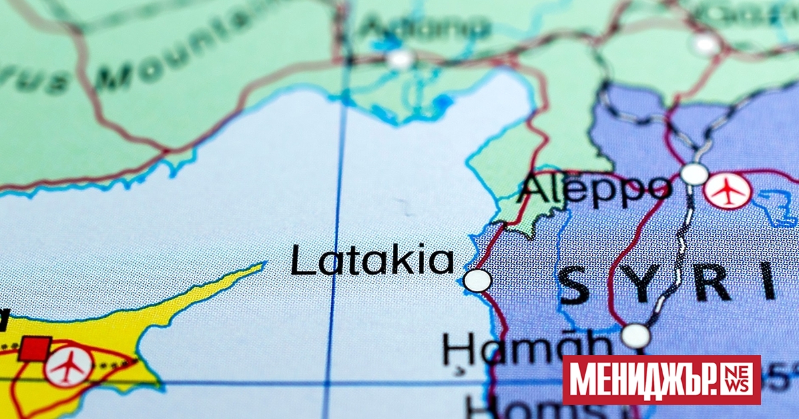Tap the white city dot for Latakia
click(477, 281)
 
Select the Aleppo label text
click(595, 188)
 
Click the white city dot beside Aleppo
click(694, 174)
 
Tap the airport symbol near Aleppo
click(728, 192)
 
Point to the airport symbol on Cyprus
click(69, 366)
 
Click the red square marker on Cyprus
click(35, 349)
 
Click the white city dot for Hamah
click(636, 336)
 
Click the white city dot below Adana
click(400, 59)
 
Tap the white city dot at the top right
click(704, 45)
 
